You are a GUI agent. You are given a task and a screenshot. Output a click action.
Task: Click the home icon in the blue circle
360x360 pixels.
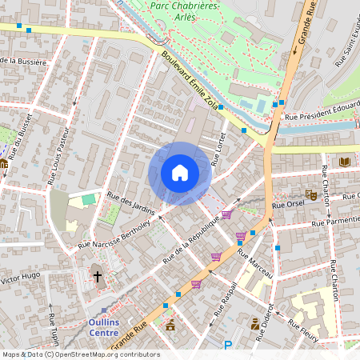point(180,173)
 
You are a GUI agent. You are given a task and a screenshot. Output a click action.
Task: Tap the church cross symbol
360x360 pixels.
point(98,277)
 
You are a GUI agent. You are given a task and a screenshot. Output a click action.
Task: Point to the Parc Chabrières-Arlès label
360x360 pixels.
point(185,11)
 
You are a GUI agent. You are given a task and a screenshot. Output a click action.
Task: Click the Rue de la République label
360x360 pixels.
point(191,239)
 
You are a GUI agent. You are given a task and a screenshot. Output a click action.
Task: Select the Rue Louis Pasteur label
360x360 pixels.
point(60,158)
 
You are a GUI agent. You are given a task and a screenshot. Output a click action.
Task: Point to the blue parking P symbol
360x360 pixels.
point(228,346)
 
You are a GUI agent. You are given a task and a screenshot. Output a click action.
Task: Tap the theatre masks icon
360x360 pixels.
point(311,194)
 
